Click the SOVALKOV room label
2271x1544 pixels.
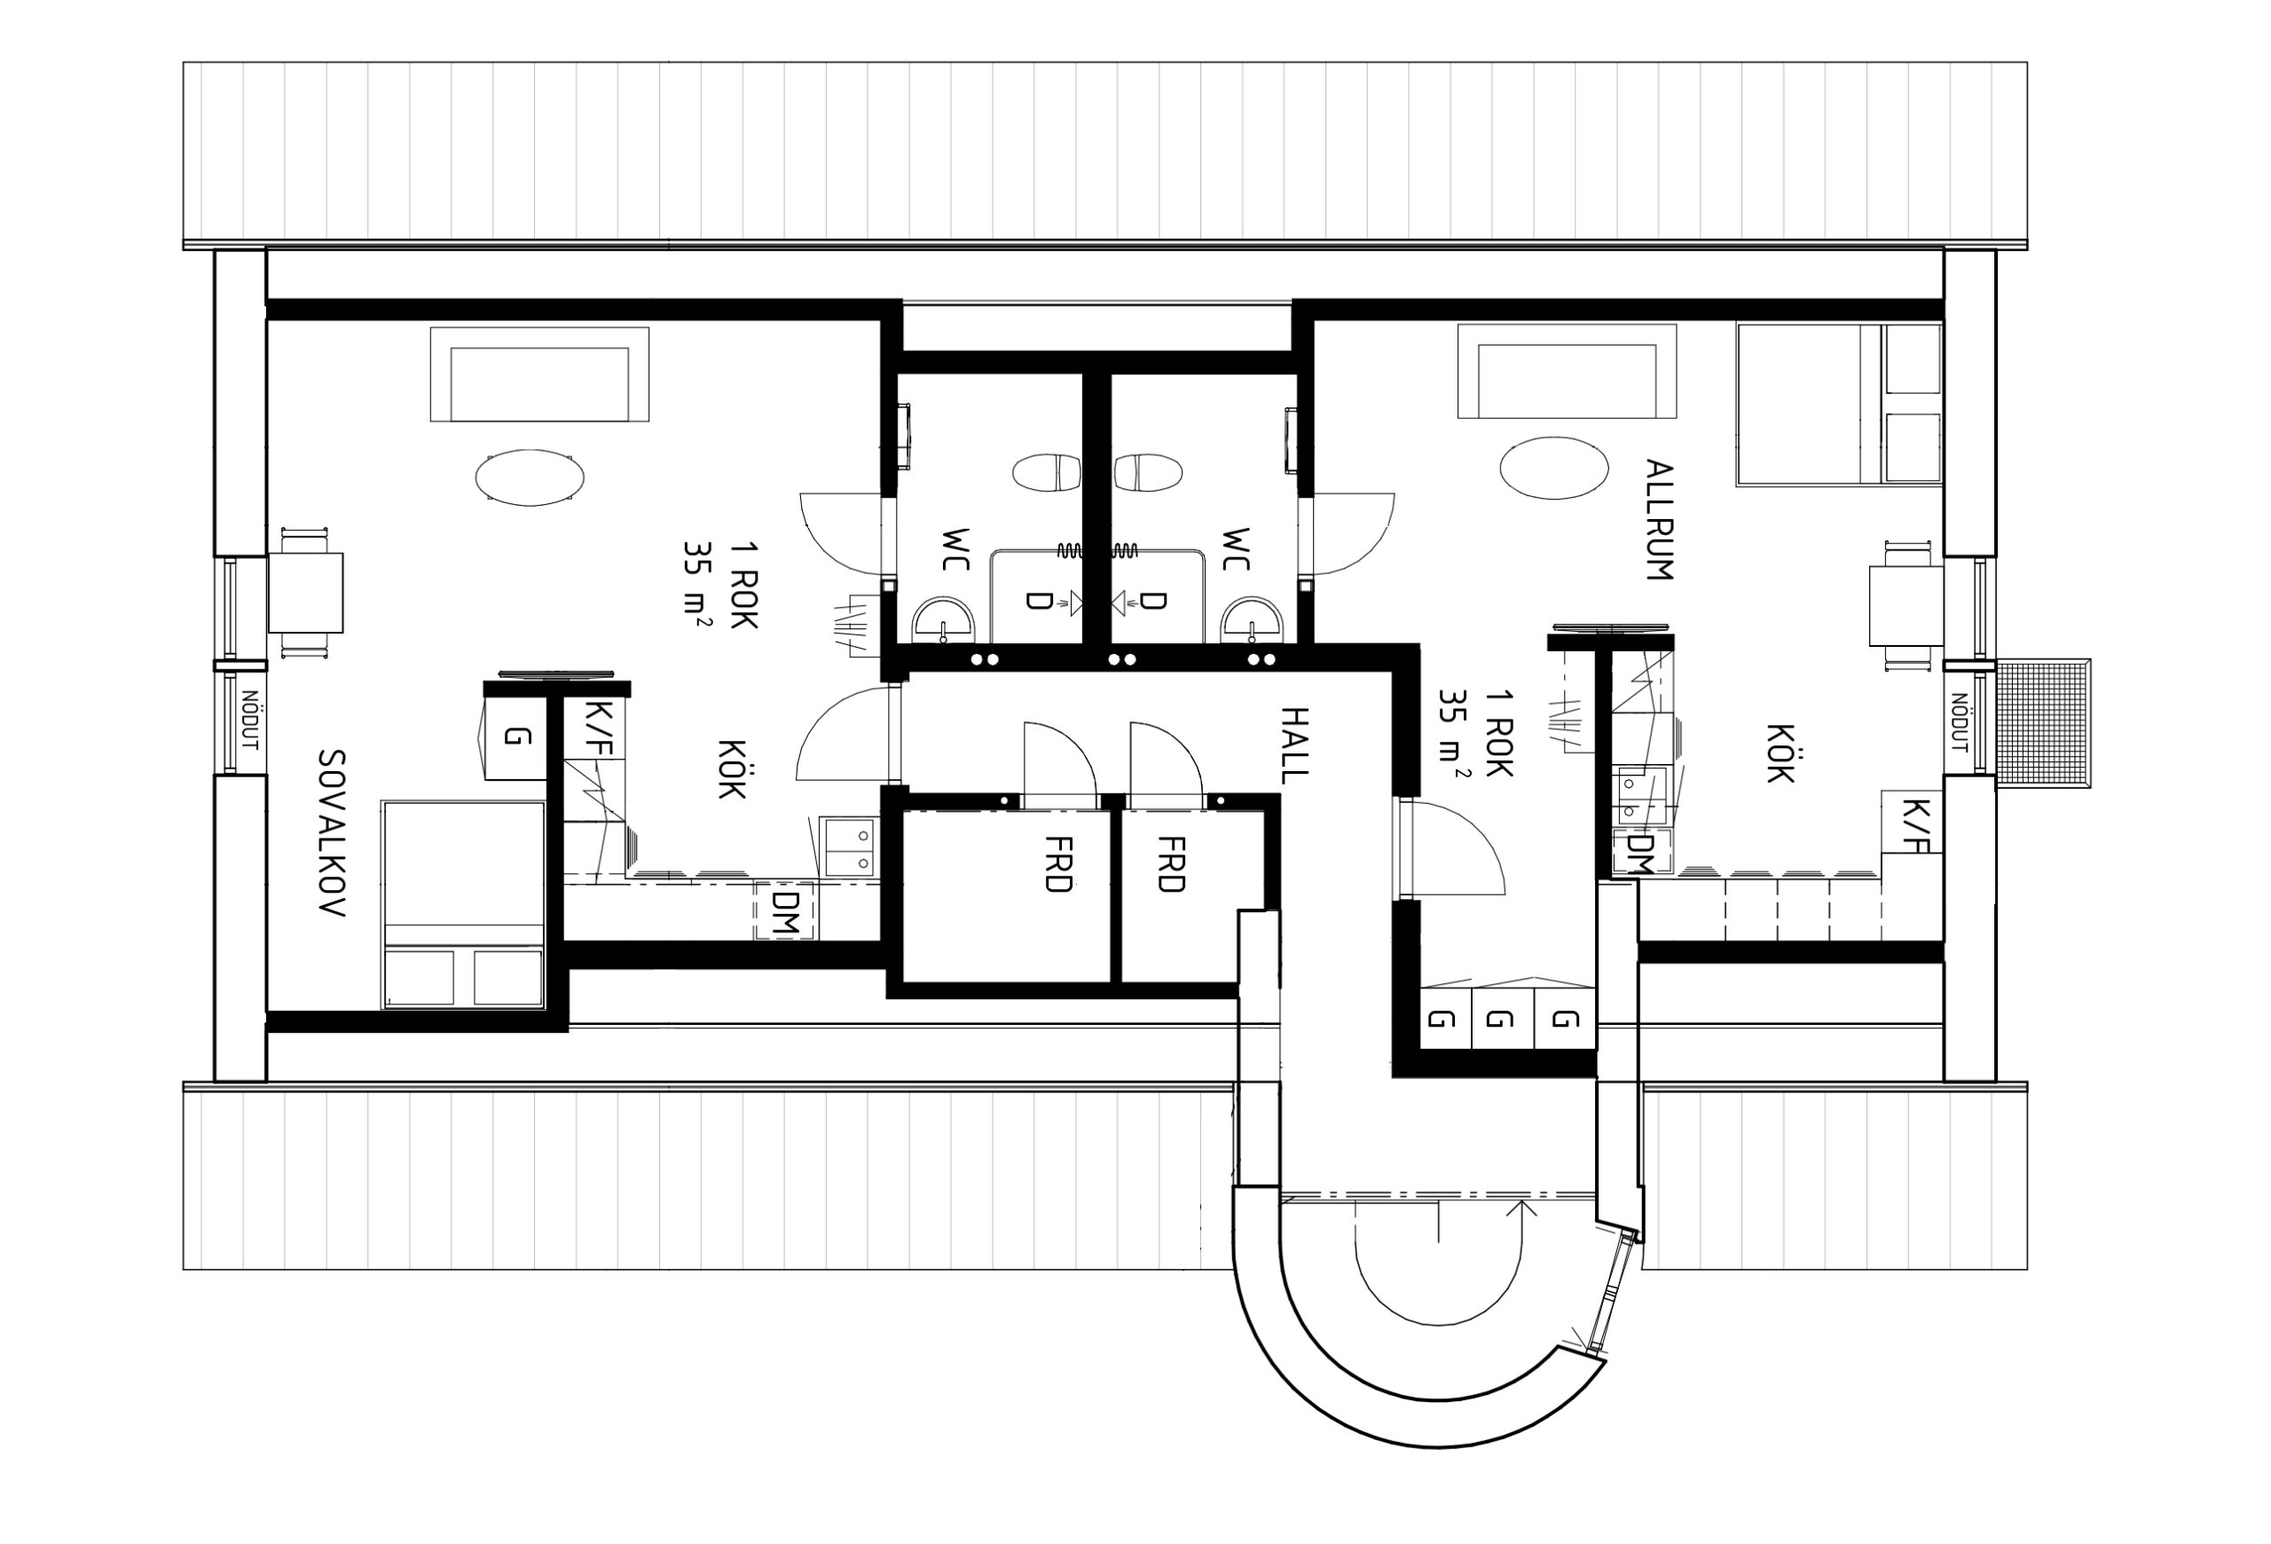tap(333, 832)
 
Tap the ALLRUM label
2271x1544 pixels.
tap(1658, 520)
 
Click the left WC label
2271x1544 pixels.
tap(955, 549)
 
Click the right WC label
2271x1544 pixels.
tap(1236, 549)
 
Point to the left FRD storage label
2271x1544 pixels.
tap(1057, 864)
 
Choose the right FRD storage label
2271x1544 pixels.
tap(1171, 864)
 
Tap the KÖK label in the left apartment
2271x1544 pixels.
tap(732, 769)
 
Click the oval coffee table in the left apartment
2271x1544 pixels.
tap(530, 478)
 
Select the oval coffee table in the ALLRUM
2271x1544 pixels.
tap(1553, 469)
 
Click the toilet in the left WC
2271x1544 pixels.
tap(1047, 473)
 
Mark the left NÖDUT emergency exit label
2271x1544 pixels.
tap(249, 721)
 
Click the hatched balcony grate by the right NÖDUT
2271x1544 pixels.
tap(2042, 723)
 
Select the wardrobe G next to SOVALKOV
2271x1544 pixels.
tap(516, 737)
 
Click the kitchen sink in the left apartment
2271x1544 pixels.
tap(848, 848)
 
